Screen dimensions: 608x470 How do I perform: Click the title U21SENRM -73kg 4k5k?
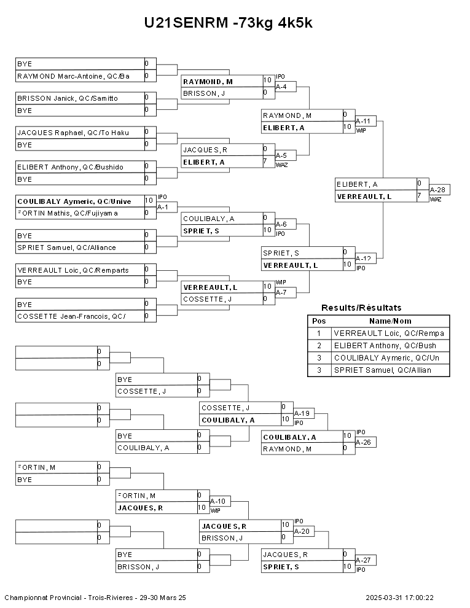coord(229,23)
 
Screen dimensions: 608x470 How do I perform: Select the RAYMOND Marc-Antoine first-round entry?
coord(74,76)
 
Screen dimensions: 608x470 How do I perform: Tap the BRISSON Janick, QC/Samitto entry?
coord(68,98)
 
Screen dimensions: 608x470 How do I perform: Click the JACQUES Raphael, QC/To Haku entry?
coord(73,133)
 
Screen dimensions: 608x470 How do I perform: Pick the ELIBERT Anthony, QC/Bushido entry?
coord(70,167)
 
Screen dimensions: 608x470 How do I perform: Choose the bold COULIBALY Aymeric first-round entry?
coord(74,201)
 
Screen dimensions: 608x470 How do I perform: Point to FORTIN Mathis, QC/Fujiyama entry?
coord(67,213)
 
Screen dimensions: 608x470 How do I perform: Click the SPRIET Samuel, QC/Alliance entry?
coord(66,247)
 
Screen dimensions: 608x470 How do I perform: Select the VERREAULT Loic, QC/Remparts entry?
coord(73,270)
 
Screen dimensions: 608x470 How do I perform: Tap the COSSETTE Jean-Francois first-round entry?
coord(71,316)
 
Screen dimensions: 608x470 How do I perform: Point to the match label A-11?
coord(363,121)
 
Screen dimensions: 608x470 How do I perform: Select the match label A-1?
coord(163,207)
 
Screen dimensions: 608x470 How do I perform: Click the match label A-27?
coord(363,560)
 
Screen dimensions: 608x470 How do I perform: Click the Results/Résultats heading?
coord(361,308)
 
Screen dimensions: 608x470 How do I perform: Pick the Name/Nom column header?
coord(390,321)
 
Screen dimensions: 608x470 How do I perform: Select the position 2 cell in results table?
coord(319,346)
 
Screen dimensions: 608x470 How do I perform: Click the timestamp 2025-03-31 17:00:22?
coord(399,598)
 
